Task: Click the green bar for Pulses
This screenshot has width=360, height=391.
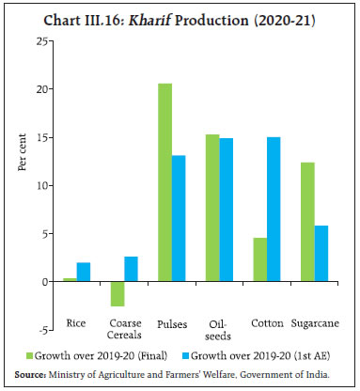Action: click(165, 182)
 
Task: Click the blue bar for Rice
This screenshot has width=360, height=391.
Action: click(83, 272)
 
